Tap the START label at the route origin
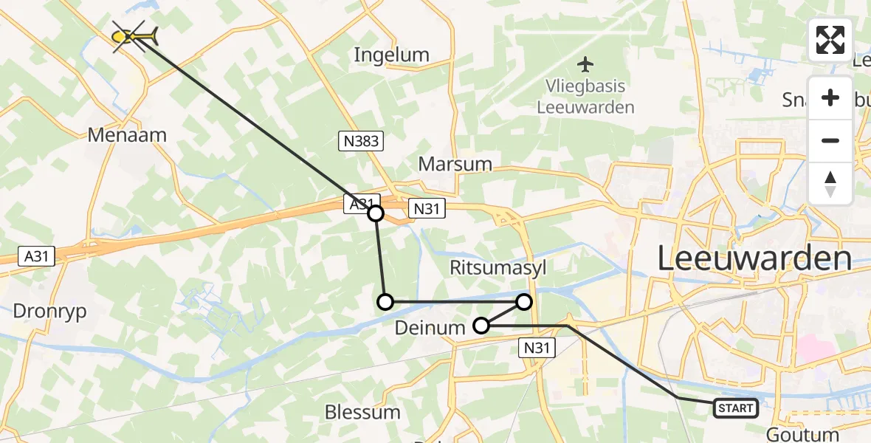pos(735,408)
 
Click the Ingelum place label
pos(391,55)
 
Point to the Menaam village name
pos(127,135)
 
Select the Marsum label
pos(455,164)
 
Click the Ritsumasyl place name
pos(498,268)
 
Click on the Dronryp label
pos(49,312)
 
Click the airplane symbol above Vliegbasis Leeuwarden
pos(586,64)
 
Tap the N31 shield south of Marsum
pos(426,209)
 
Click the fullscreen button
pos(830,40)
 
